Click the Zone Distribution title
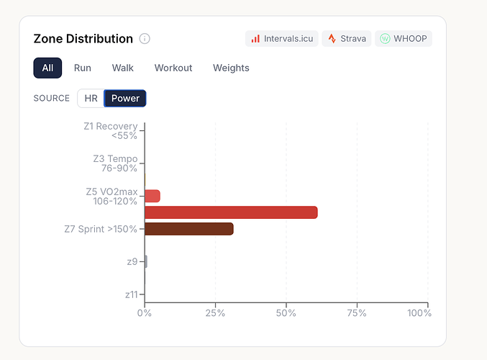tap(83, 39)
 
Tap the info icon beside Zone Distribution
tap(145, 39)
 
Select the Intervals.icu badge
tap(281, 38)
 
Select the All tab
tap(47, 68)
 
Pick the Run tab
tap(83, 68)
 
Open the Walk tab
tap(123, 68)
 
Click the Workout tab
tap(173, 68)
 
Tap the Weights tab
tap(231, 68)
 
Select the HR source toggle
tap(91, 98)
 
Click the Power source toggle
tap(125, 98)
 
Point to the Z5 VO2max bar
tap(153, 196)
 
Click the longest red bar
tap(231, 212)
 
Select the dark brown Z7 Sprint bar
tap(189, 229)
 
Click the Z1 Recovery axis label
tap(110, 131)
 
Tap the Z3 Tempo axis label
tap(115, 163)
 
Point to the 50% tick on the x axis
tap(286, 313)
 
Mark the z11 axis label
tap(131, 294)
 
